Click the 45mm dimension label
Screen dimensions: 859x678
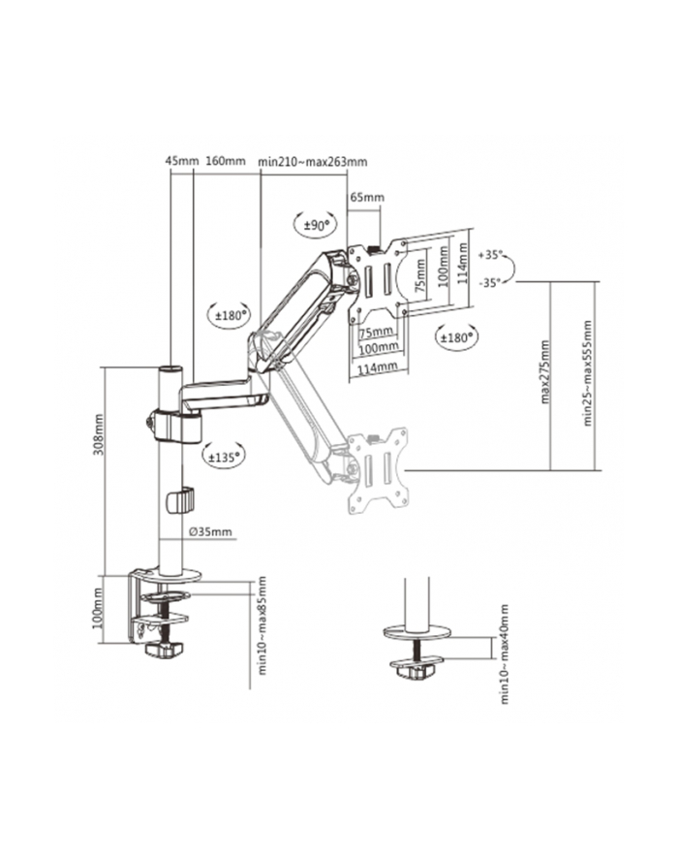(x=181, y=162)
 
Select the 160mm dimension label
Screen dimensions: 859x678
(x=226, y=162)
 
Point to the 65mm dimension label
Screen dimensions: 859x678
(x=366, y=199)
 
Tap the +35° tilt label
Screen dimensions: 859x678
(x=491, y=256)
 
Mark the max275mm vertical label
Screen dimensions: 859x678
(x=545, y=372)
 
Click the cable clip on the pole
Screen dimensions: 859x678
(x=179, y=500)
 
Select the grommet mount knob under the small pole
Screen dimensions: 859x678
(x=417, y=668)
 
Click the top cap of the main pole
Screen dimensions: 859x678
(x=170, y=369)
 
